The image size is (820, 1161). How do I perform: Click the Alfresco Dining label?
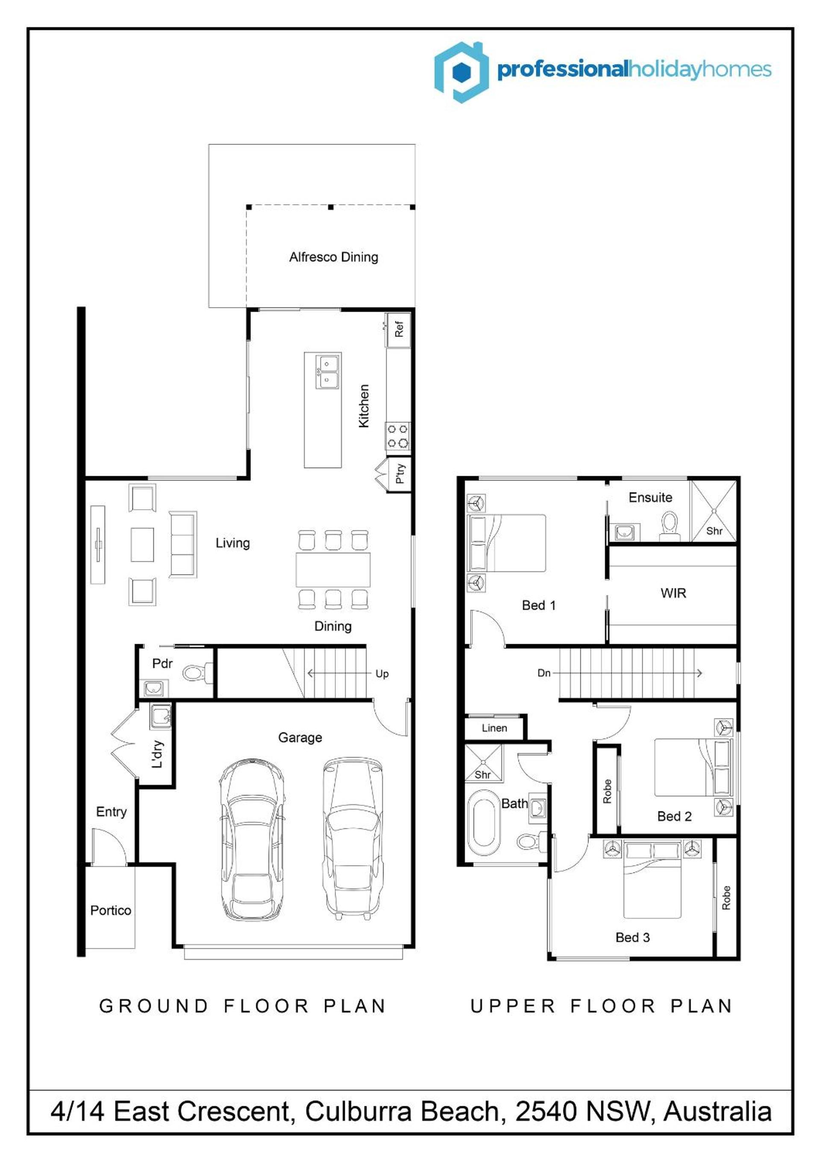[334, 257]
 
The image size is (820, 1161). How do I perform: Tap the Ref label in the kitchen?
[399, 329]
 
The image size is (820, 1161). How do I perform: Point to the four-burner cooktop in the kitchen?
[397, 436]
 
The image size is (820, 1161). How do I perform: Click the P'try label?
[400, 473]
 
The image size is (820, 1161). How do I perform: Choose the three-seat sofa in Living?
[182, 544]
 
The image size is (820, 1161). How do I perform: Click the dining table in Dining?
[333, 569]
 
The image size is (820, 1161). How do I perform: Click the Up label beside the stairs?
[382, 674]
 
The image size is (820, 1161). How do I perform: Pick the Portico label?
[111, 910]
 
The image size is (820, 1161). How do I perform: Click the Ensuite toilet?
[670, 526]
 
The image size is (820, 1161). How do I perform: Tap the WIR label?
[673, 593]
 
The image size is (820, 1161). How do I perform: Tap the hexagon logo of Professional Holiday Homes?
[461, 72]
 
